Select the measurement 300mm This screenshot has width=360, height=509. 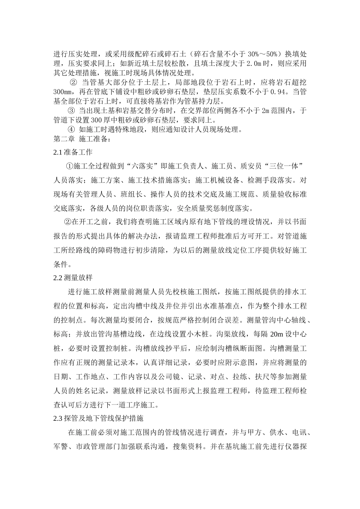[x=64, y=92]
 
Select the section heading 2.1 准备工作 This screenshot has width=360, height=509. [x=73, y=152]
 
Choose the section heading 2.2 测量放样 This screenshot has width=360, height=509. [x=73, y=277]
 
